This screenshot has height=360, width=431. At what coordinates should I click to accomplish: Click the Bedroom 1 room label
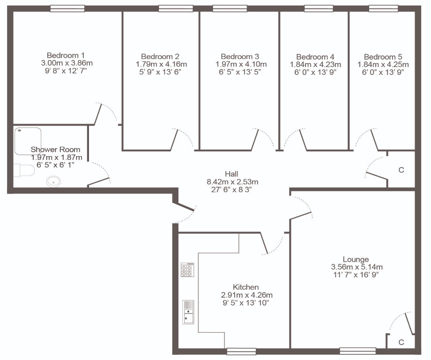click(x=66, y=55)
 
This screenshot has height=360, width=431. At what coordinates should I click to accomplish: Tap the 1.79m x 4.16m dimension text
click(x=161, y=64)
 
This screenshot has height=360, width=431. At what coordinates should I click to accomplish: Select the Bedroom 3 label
click(x=240, y=57)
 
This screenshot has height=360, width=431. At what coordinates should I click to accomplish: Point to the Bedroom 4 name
click(x=315, y=57)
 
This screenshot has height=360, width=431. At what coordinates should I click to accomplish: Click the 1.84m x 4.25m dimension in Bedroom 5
click(x=383, y=65)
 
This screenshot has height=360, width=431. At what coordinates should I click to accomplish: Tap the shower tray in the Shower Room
click(x=28, y=141)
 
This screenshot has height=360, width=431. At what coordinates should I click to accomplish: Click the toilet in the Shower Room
click(x=24, y=170)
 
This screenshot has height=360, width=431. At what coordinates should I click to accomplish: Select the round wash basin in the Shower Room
click(x=53, y=181)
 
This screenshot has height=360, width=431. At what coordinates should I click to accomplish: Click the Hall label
click(x=231, y=174)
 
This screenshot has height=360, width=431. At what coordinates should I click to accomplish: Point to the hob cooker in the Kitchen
click(x=187, y=270)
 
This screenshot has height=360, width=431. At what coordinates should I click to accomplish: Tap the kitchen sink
click(x=188, y=312)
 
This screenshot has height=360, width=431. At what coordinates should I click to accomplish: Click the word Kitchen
click(x=246, y=287)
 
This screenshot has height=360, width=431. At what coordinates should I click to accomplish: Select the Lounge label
click(x=356, y=259)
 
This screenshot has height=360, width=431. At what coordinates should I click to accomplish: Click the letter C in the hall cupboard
click(x=401, y=170)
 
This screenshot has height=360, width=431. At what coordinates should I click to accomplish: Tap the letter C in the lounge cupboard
click(x=401, y=342)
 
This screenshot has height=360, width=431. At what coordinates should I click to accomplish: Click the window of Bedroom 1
click(x=67, y=8)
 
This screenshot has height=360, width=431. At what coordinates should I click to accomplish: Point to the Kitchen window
click(x=241, y=351)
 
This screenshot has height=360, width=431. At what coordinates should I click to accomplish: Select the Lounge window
click(x=358, y=351)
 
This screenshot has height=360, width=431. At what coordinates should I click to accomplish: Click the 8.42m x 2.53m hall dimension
click(x=232, y=182)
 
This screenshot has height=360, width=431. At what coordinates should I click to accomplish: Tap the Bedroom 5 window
click(x=383, y=8)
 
